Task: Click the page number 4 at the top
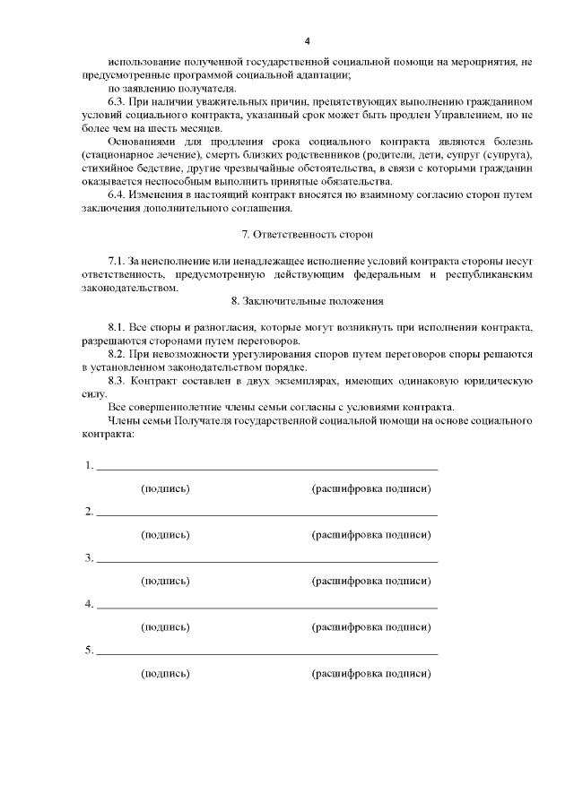point(307,41)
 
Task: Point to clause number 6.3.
point(117,102)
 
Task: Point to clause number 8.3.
point(117,381)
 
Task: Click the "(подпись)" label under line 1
point(165,488)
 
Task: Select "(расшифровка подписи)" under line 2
point(370,535)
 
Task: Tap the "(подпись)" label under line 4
point(165,627)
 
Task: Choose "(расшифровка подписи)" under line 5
point(370,673)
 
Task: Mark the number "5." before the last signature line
point(90,651)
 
